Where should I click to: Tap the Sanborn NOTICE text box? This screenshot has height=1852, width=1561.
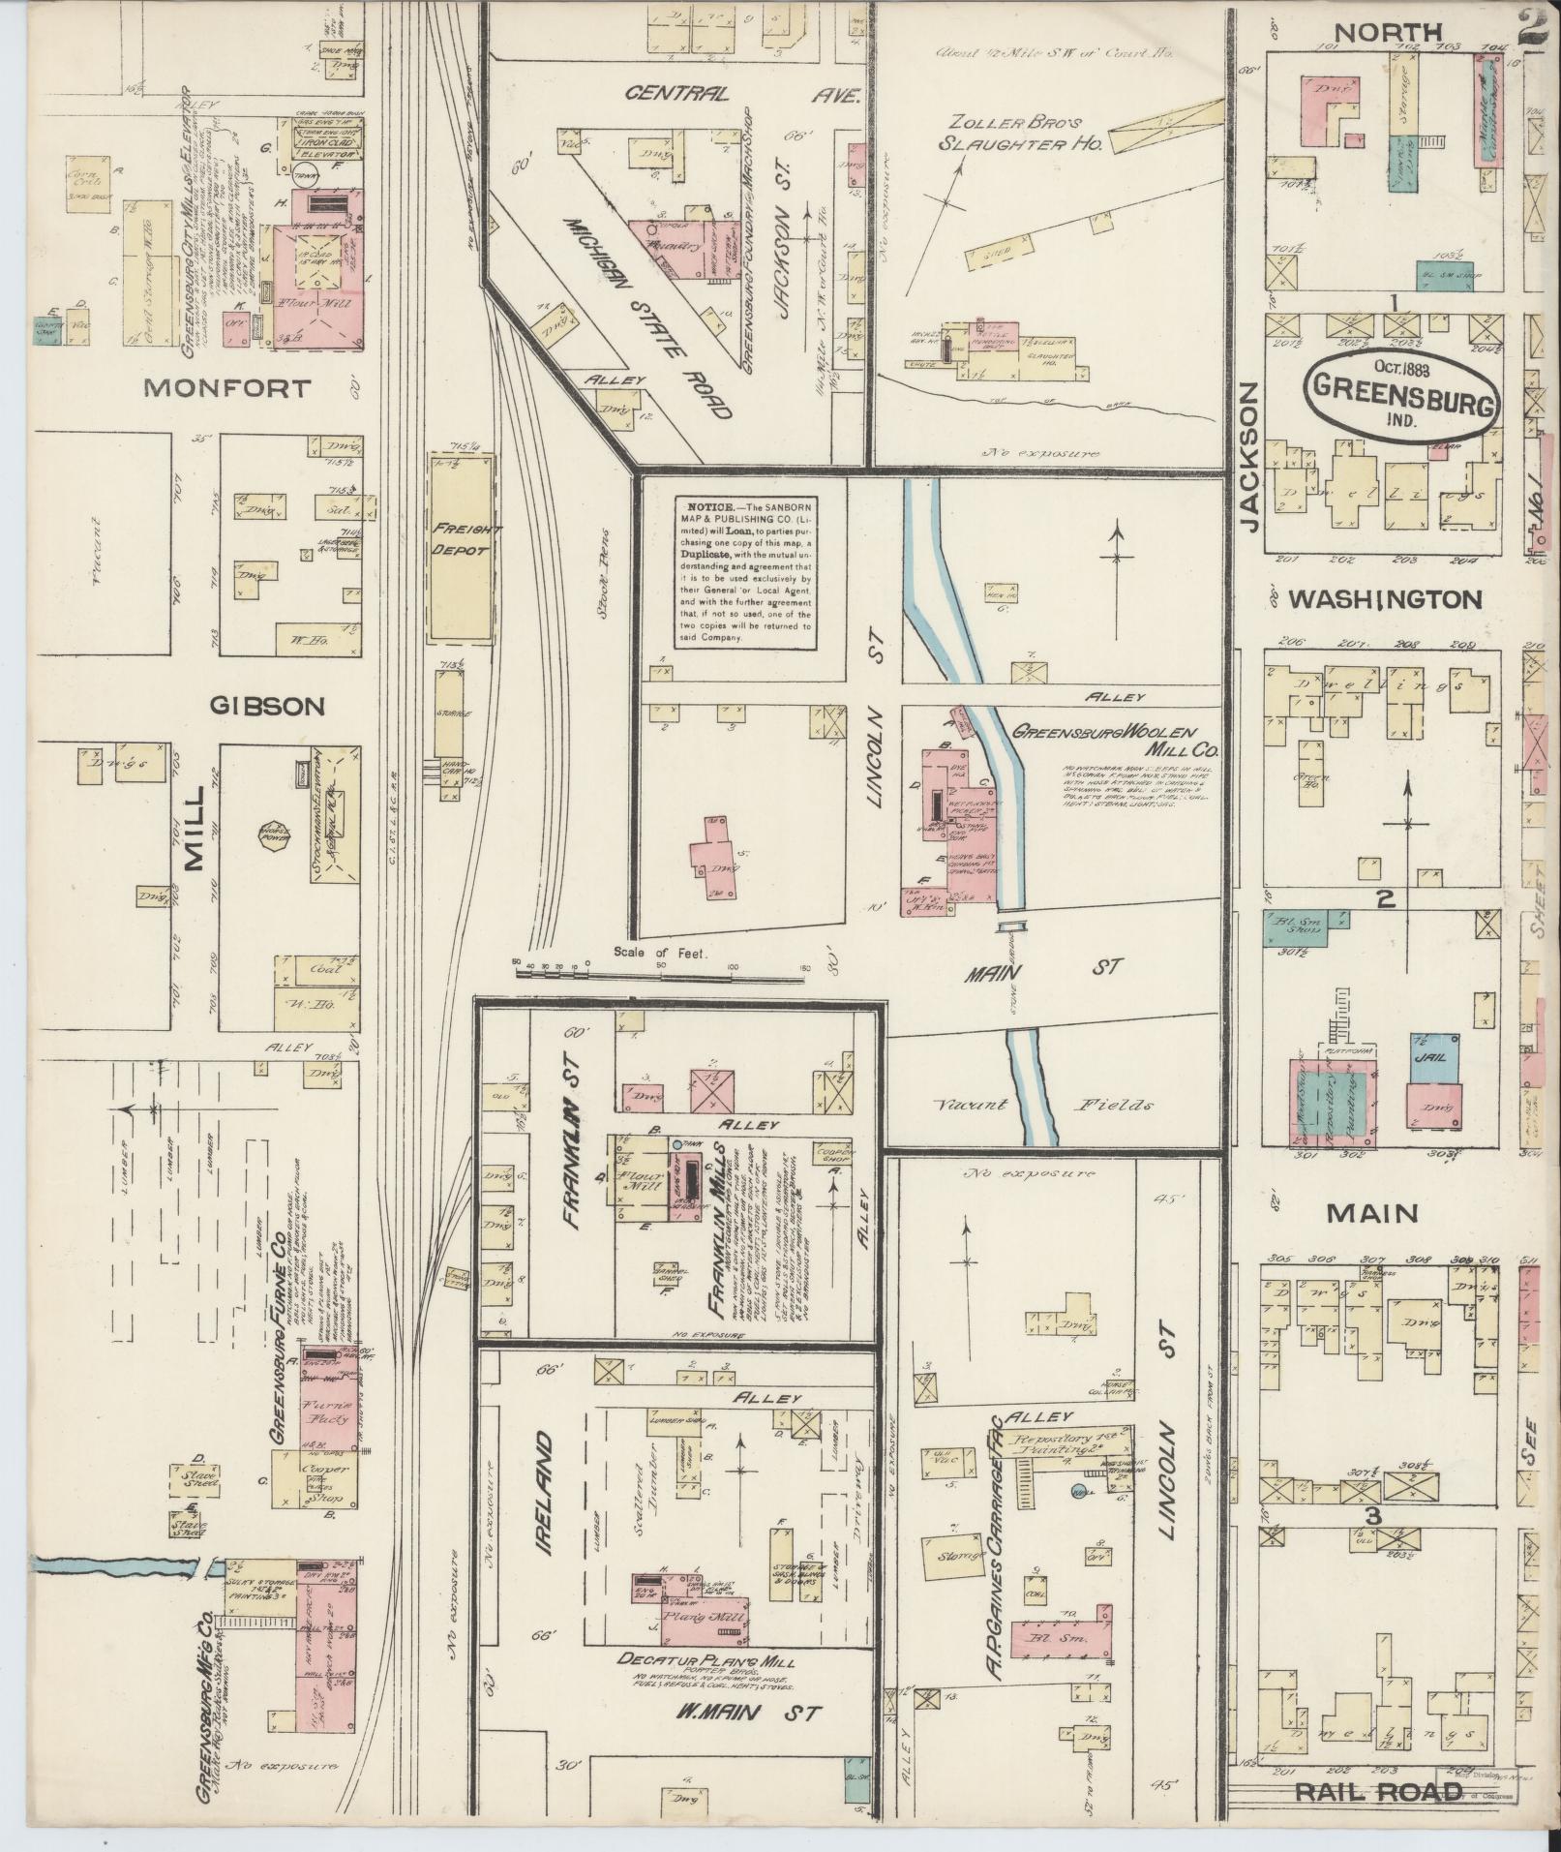click(744, 572)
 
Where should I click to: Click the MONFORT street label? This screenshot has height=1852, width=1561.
click(227, 389)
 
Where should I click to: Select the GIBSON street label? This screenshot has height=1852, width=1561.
click(266, 706)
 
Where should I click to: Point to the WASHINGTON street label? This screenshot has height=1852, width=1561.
click(1385, 600)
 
